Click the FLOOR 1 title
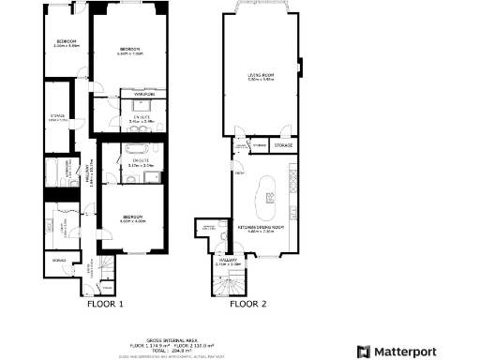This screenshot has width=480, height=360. [105, 304]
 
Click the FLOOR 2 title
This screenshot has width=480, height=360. [248, 304]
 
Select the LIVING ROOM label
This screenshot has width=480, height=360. [261, 77]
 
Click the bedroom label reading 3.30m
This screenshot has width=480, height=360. [66, 43]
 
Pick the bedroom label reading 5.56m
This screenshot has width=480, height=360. [129, 51]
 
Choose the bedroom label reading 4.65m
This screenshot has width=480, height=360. [132, 219]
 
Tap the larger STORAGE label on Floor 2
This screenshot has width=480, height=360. [283, 145]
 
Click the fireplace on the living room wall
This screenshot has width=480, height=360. [300, 66]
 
